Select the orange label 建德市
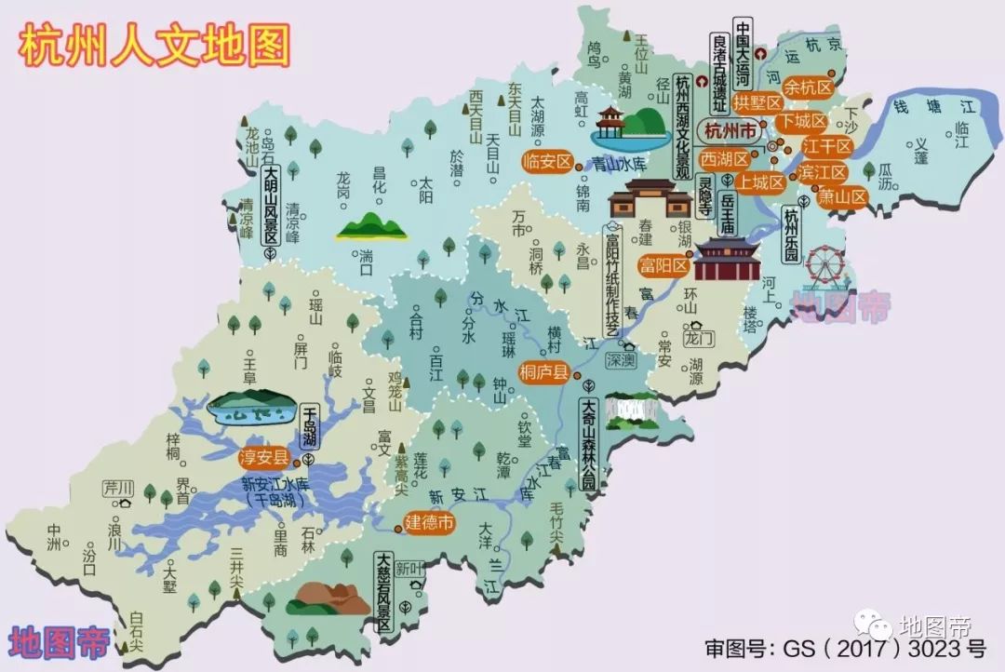(x=430, y=523)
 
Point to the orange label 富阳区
(x=663, y=266)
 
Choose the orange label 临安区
(x=547, y=161)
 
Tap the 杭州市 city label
(x=731, y=129)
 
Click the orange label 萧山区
(x=842, y=196)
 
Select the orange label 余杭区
(x=806, y=87)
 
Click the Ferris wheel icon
(x=824, y=266)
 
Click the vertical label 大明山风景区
(x=271, y=206)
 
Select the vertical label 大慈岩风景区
(x=383, y=593)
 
